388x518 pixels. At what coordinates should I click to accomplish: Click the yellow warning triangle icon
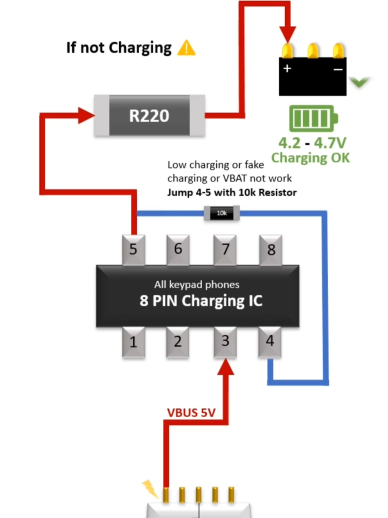click(186, 48)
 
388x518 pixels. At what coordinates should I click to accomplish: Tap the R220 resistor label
click(149, 116)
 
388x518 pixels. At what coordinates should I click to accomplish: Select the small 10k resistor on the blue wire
click(221, 213)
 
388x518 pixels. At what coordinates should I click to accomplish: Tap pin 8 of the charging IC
click(271, 250)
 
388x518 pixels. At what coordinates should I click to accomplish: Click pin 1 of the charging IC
click(133, 342)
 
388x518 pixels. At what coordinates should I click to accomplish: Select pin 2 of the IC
click(178, 342)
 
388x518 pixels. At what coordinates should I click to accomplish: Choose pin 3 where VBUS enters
click(225, 341)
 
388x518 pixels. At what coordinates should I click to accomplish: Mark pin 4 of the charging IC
click(270, 341)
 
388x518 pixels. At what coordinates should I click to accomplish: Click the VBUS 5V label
click(191, 413)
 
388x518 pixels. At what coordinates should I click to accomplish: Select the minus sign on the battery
click(338, 70)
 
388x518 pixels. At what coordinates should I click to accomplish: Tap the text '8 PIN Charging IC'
click(201, 301)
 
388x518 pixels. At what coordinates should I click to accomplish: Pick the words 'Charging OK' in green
click(310, 158)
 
